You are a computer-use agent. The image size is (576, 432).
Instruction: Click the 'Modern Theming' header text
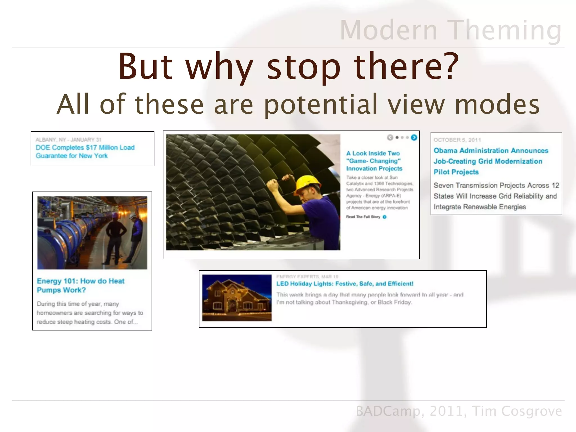tap(451, 30)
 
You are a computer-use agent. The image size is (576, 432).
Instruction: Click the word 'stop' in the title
tap(304, 67)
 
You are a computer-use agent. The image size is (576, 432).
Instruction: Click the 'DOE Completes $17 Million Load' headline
tap(85, 148)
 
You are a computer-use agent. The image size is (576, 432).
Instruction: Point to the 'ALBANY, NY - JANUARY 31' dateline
tap(68, 139)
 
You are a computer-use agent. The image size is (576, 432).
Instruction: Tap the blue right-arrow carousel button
tap(414, 138)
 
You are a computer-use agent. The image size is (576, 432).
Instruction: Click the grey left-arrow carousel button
tap(390, 138)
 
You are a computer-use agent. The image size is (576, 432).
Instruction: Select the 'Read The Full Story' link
tap(363, 217)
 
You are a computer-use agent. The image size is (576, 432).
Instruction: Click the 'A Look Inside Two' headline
tap(373, 153)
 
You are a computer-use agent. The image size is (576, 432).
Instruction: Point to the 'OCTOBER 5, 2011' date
tap(457, 140)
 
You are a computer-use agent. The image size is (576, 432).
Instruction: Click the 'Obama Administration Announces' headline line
tap(491, 150)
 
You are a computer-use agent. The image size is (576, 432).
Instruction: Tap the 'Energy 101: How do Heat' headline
tap(80, 281)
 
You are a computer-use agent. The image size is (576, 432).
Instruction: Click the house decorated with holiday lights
tap(237, 298)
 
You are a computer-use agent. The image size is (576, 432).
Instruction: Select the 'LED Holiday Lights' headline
tap(345, 283)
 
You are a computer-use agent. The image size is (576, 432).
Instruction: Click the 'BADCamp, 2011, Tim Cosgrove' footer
tap(459, 411)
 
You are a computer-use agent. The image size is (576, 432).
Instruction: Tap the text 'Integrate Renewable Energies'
tap(480, 207)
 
